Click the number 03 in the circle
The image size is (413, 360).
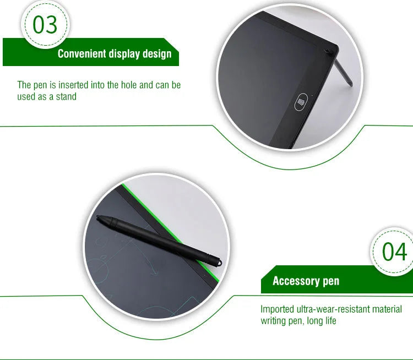(x=45, y=24)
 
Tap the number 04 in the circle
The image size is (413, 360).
(x=394, y=252)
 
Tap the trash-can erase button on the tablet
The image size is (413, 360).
(x=301, y=102)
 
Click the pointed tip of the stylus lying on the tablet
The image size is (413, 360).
(x=97, y=216)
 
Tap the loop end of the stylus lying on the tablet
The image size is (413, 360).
(x=219, y=263)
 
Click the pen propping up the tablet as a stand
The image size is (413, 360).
(x=343, y=72)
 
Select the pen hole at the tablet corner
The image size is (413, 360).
(x=328, y=51)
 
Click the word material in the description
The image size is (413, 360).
(x=387, y=309)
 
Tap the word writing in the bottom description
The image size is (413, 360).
(x=273, y=321)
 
